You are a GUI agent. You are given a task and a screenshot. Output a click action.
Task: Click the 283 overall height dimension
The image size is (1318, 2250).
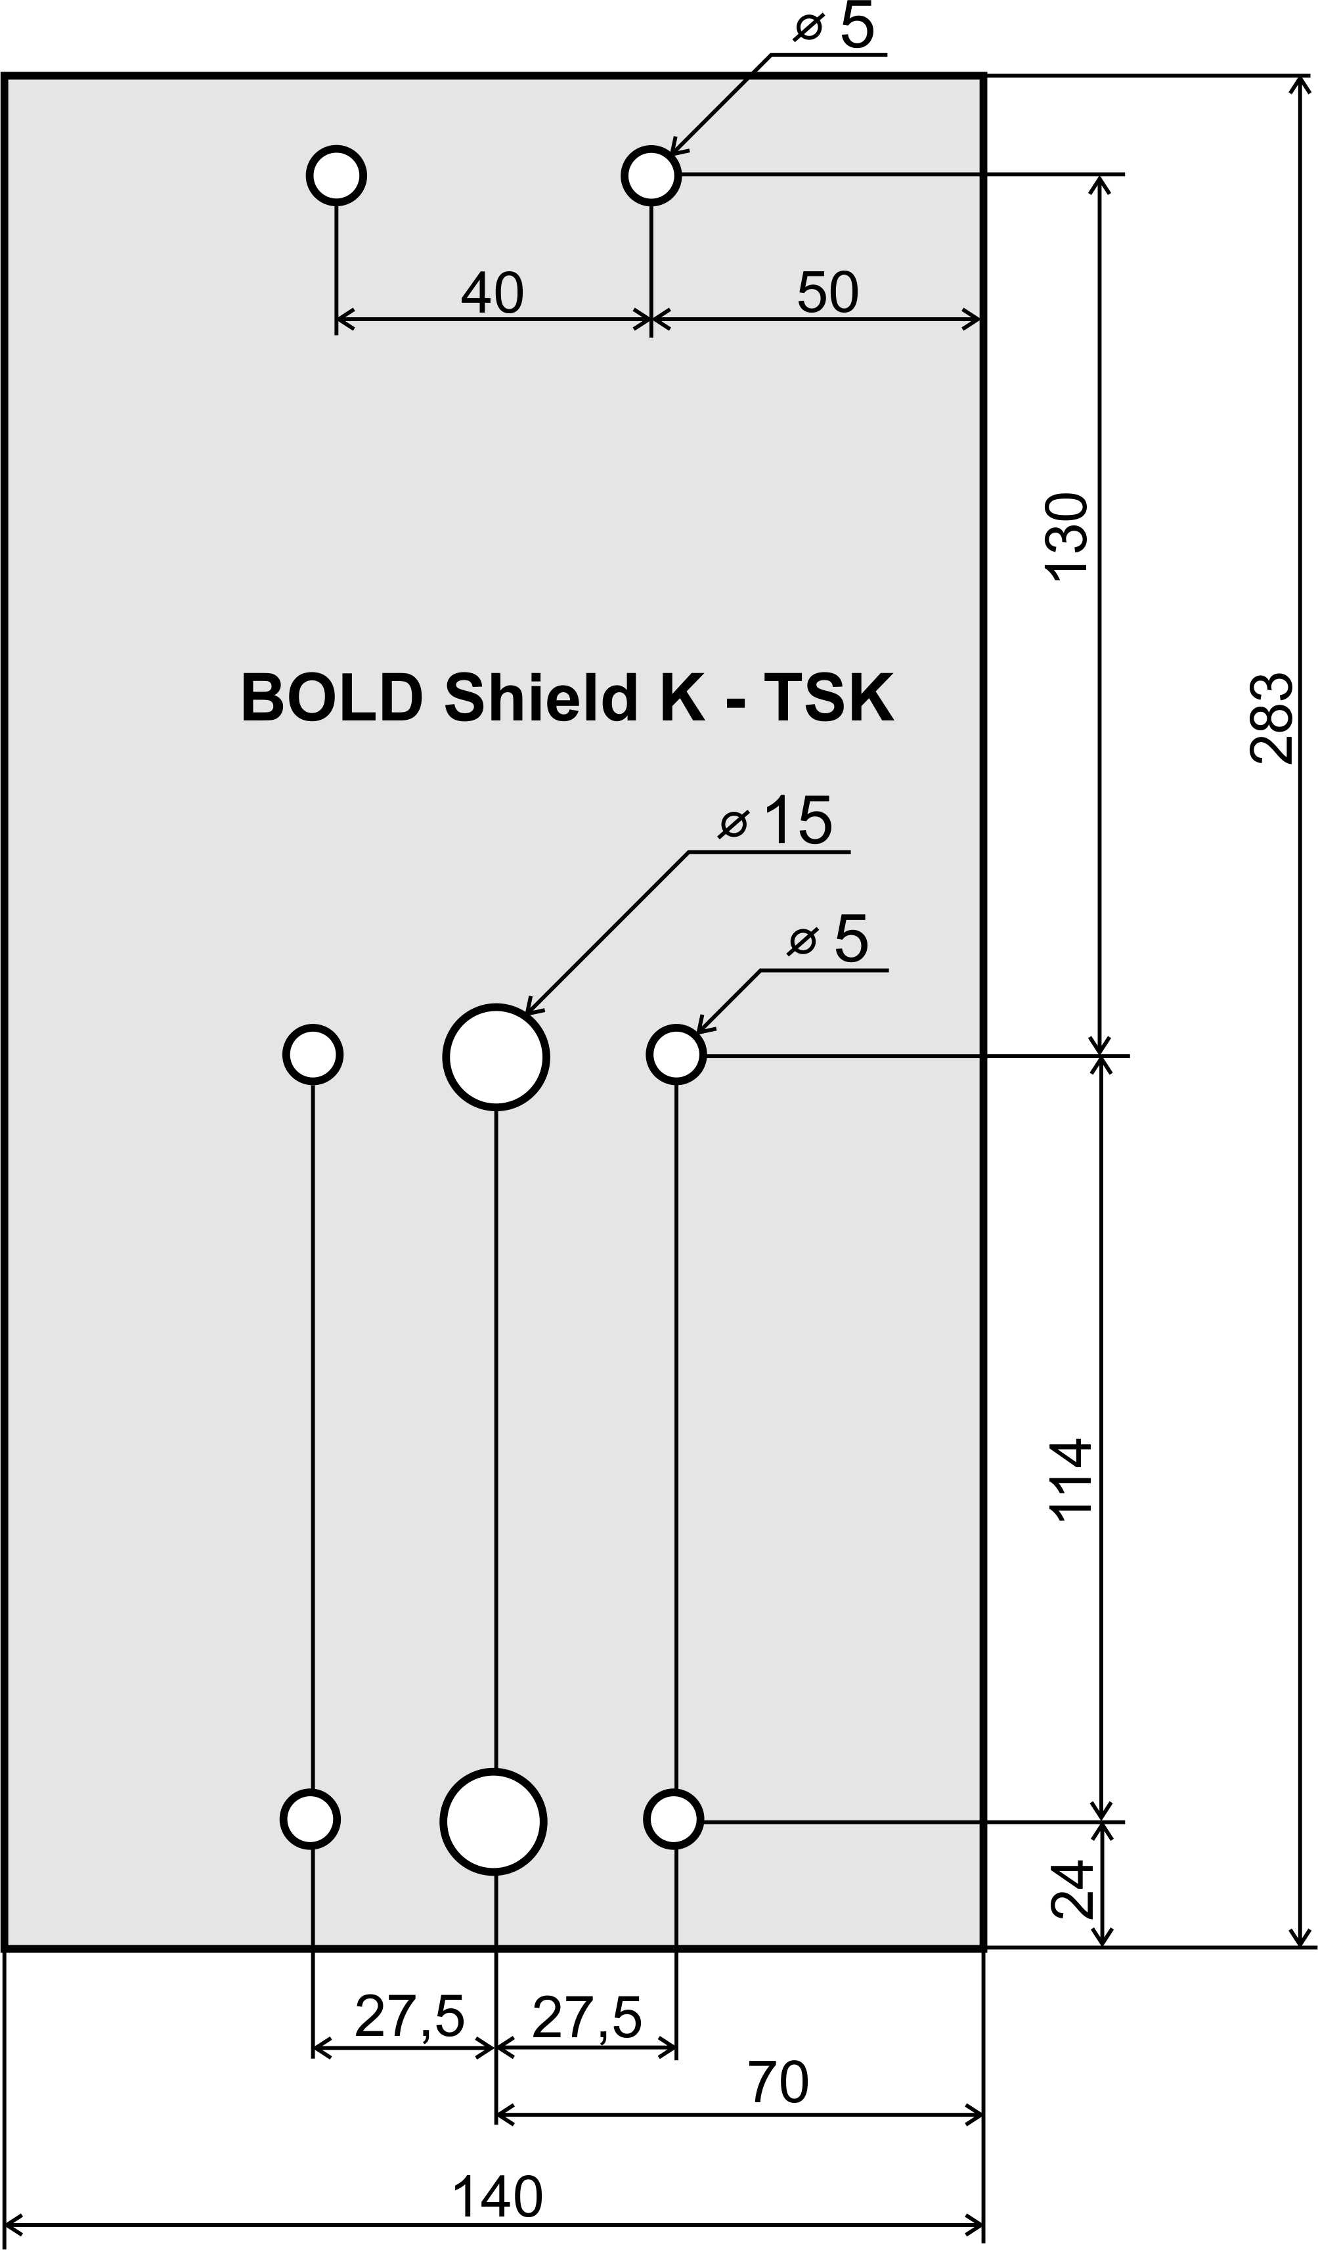[1271, 718]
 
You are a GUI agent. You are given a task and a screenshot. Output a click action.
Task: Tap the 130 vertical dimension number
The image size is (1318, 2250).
[1067, 537]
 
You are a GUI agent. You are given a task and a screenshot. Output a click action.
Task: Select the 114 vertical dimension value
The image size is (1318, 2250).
[1070, 1480]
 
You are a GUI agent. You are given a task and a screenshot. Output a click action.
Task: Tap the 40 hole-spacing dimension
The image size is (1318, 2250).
[492, 292]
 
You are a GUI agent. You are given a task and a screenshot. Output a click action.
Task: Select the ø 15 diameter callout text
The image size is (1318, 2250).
[775, 820]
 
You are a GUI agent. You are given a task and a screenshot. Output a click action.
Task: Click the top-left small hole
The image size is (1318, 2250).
[337, 175]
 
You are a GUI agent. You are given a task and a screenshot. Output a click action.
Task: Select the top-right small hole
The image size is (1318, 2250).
[652, 175]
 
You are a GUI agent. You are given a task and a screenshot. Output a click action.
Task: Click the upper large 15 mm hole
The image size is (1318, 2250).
[496, 1057]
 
